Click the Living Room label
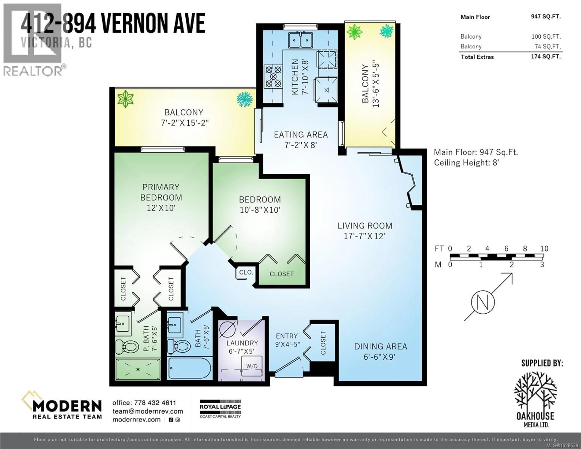pos(365,226)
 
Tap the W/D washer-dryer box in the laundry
pos(252,366)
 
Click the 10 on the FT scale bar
pos(544,249)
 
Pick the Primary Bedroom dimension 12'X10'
pos(161,208)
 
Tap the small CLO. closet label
pos(246,272)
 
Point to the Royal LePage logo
pos(220,409)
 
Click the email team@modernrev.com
pos(148,411)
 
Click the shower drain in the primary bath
pos(138,369)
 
